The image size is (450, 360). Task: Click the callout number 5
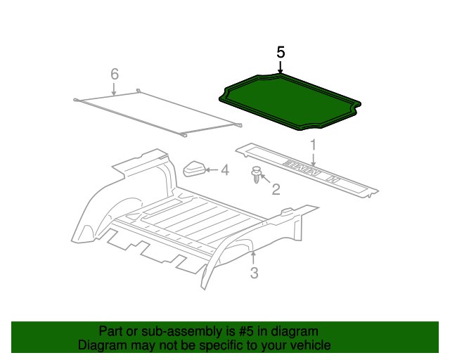point(281,53)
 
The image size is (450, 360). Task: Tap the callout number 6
point(115,74)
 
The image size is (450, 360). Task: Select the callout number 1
point(314,145)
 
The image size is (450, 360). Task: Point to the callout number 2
point(276,189)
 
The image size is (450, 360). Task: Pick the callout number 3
point(254,273)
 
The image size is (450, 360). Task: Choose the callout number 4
point(225,170)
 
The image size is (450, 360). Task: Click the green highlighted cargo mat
point(290,101)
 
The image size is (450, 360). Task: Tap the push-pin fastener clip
point(256,174)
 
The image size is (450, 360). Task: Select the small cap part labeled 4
point(194,169)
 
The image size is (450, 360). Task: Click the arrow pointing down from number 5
point(281,67)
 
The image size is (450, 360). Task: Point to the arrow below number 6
point(114,89)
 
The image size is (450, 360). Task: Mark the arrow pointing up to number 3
point(253,257)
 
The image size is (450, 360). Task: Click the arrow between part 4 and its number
point(212,170)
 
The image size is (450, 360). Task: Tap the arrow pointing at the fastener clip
point(265,178)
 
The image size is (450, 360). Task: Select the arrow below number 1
point(314,160)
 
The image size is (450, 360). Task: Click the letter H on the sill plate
point(333,179)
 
